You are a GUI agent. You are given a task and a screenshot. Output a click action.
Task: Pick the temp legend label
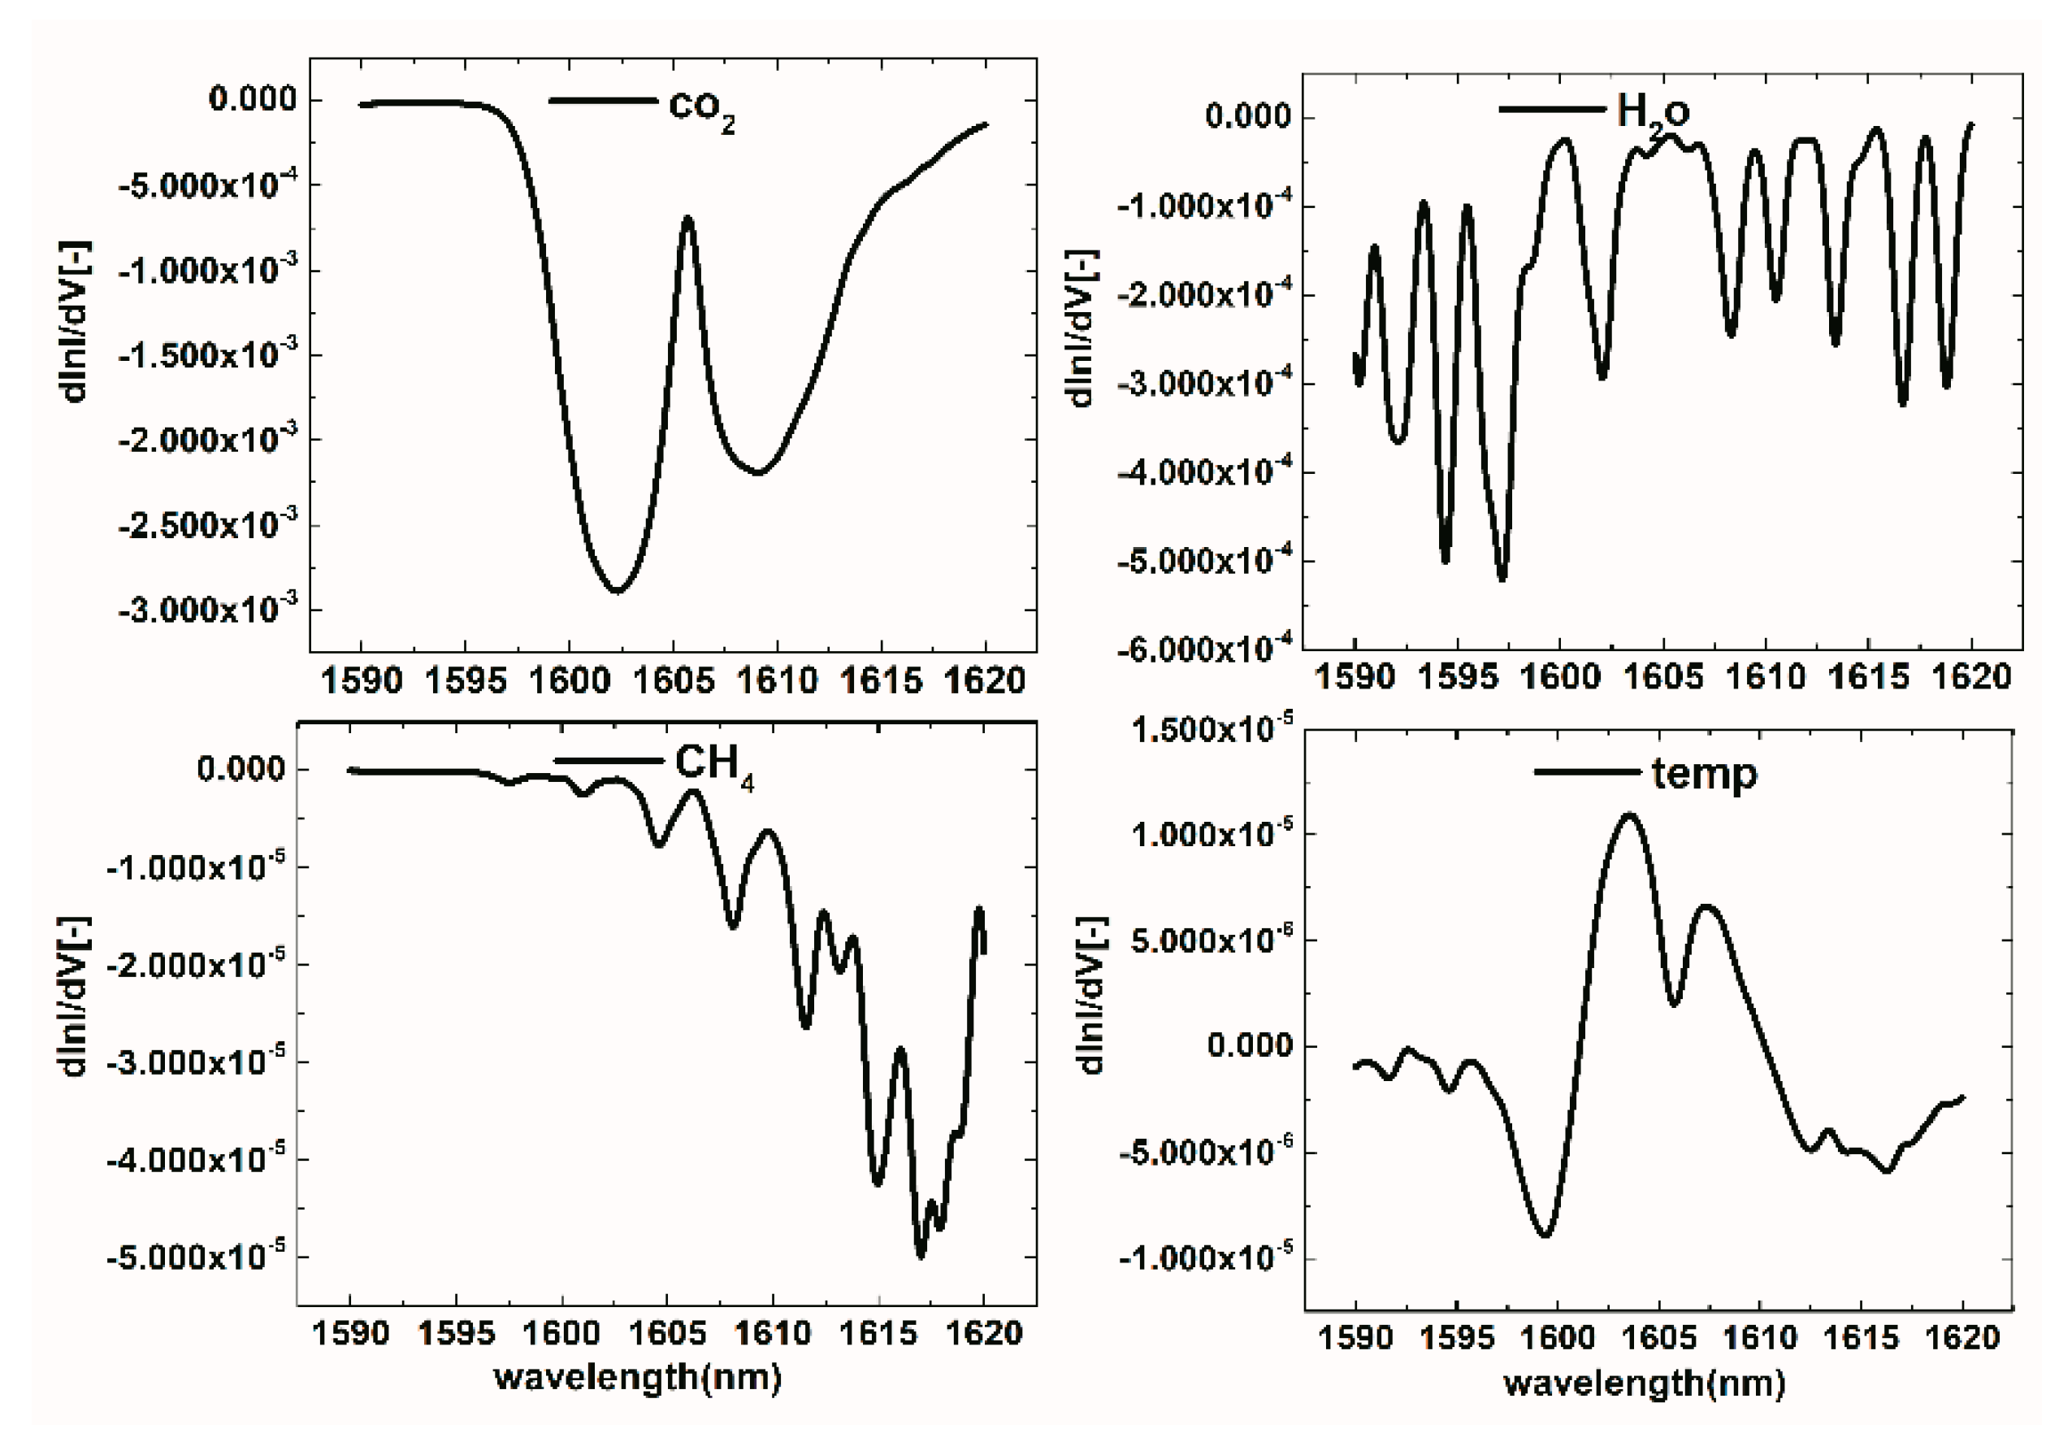pyautogui.click(x=1705, y=775)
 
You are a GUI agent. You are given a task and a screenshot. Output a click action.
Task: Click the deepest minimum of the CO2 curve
pyautogui.click(x=617, y=591)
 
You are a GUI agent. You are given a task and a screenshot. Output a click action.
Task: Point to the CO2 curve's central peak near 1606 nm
pyautogui.click(x=687, y=218)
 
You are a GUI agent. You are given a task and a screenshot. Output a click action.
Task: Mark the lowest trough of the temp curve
pyautogui.click(x=1546, y=1236)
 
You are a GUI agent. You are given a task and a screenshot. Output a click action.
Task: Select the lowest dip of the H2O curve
pyautogui.click(x=1502, y=579)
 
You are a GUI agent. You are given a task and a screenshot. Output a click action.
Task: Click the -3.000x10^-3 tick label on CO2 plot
pyautogui.click(x=207, y=610)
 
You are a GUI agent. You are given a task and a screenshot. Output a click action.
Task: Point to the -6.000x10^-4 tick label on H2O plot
pyautogui.click(x=1205, y=648)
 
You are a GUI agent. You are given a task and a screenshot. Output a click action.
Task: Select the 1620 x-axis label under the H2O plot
pyautogui.click(x=1971, y=677)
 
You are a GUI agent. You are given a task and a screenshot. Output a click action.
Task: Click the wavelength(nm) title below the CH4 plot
pyautogui.click(x=637, y=1378)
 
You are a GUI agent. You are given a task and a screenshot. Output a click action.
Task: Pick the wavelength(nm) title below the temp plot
pyautogui.click(x=1645, y=1383)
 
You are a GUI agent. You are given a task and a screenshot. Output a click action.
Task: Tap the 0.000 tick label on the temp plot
pyautogui.click(x=1249, y=1046)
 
